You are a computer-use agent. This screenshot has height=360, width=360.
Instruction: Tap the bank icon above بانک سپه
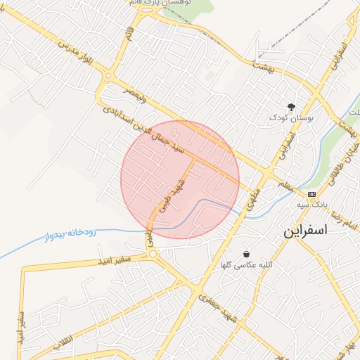[x=311, y=194]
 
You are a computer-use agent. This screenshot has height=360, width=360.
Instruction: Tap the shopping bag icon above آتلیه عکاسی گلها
[x=246, y=254]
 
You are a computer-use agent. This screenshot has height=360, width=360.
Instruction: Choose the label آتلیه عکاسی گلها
[x=247, y=265]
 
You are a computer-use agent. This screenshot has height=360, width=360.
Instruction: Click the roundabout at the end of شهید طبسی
[x=153, y=254]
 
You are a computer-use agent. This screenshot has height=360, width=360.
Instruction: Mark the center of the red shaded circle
[x=180, y=179]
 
